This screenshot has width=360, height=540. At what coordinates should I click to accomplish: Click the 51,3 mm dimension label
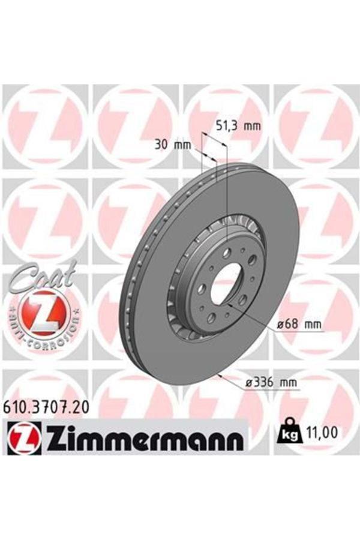[238, 126]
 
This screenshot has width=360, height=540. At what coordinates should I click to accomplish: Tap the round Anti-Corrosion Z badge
[40, 313]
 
